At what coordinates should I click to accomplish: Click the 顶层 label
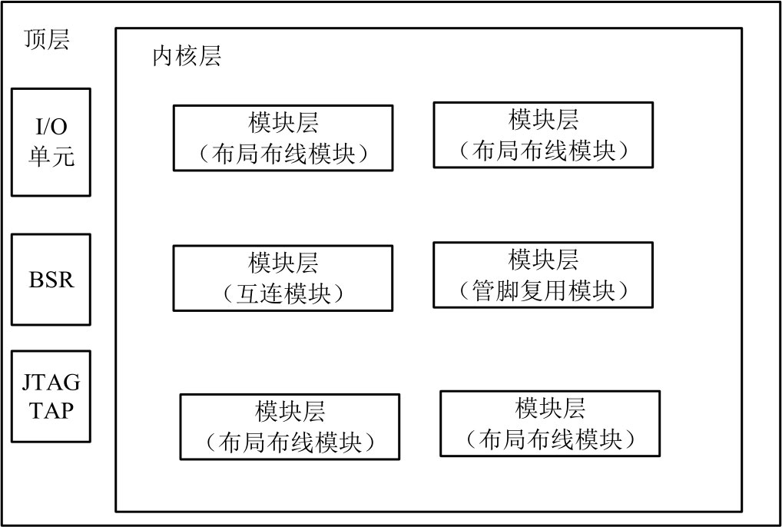pyautogui.click(x=46, y=40)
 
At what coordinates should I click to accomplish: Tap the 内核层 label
pyautogui.click(x=187, y=56)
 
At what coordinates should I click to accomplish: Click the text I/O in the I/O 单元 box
pyautogui.click(x=51, y=127)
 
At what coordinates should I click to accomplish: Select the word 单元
pyautogui.click(x=51, y=156)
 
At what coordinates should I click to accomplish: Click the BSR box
pyautogui.click(x=51, y=279)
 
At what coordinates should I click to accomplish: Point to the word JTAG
pyautogui.click(x=51, y=383)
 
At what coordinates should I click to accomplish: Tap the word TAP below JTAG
pyautogui.click(x=51, y=411)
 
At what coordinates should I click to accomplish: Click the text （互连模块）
pyautogui.click(x=283, y=293)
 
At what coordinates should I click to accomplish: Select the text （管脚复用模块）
pyautogui.click(x=543, y=290)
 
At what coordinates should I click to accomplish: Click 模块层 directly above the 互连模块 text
pyautogui.click(x=283, y=263)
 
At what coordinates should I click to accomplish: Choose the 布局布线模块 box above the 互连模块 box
pyautogui.click(x=283, y=138)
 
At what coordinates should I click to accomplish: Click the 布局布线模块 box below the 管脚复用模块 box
pyautogui.click(x=550, y=423)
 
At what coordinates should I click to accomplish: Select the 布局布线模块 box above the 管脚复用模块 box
pyautogui.click(x=543, y=134)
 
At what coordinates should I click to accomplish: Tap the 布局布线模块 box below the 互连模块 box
pyautogui.click(x=290, y=426)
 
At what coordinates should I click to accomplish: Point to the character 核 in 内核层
pyautogui.click(x=187, y=56)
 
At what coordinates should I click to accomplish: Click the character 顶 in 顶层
pyautogui.click(x=35, y=40)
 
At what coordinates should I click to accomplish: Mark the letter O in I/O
pyautogui.click(x=59, y=127)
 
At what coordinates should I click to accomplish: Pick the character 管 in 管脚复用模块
pyautogui.click(x=483, y=290)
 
